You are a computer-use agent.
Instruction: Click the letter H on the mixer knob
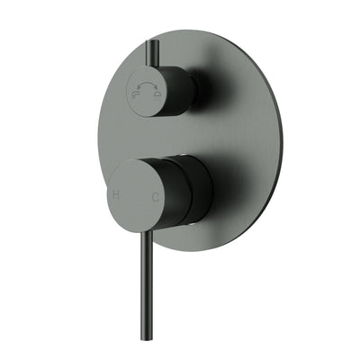115,194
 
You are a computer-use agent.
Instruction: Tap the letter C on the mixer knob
157,195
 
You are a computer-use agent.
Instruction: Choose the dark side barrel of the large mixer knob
193,193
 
